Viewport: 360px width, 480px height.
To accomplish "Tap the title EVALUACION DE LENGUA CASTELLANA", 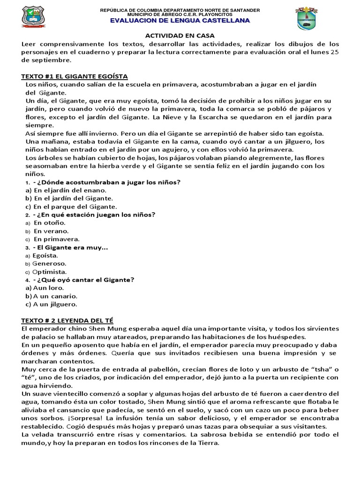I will [x=180, y=21].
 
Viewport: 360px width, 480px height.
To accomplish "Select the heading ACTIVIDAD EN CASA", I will [x=173, y=36].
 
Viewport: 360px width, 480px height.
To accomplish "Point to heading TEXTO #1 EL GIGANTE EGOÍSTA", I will [x=75, y=76].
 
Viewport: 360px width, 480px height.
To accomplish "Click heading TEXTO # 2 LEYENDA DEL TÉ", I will [x=67, y=321].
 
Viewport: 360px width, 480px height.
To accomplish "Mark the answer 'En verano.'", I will [x=51, y=231].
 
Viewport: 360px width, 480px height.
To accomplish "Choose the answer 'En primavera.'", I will [x=57, y=239].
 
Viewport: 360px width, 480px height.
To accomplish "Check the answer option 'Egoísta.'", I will [x=45, y=255].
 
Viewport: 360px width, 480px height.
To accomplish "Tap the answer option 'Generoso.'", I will [x=49, y=263].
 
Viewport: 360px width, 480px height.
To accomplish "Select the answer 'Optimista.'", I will [x=49, y=272].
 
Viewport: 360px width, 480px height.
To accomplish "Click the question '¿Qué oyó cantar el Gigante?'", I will [x=84, y=280].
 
